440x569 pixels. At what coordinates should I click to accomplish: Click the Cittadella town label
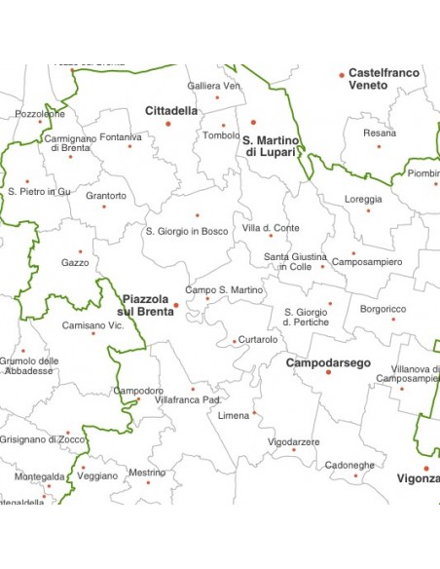tap(171, 111)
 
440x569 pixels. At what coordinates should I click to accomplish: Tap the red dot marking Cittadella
tap(168, 124)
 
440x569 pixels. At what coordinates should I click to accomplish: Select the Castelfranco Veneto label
tap(384, 79)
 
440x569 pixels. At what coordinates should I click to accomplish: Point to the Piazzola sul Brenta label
tap(146, 305)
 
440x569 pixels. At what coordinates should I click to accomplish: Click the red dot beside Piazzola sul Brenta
tap(176, 305)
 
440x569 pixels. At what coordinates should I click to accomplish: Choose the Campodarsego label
tap(328, 362)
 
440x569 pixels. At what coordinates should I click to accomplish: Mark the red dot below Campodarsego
tap(328, 373)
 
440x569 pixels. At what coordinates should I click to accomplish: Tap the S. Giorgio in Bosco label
tap(187, 231)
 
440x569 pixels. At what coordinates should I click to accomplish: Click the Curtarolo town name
tap(258, 340)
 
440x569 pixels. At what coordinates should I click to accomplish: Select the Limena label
tap(234, 416)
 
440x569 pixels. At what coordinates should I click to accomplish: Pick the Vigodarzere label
tap(293, 441)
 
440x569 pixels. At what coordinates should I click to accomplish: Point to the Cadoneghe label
tap(349, 465)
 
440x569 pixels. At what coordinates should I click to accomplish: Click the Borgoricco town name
tap(383, 309)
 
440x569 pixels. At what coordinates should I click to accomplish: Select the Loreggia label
tap(363, 199)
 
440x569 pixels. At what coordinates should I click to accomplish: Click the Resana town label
tap(380, 133)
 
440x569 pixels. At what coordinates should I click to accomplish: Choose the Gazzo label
tap(75, 262)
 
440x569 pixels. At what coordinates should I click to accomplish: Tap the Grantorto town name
tap(106, 196)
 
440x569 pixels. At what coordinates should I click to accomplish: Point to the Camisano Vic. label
tap(92, 324)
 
